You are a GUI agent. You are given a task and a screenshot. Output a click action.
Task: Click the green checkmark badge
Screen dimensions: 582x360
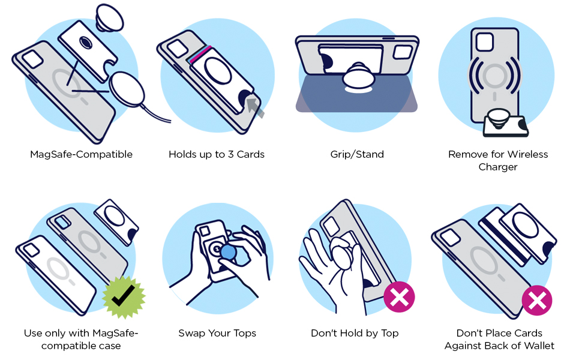tap(124, 297)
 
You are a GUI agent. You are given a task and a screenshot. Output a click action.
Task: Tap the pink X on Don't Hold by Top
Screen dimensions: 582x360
tap(399, 297)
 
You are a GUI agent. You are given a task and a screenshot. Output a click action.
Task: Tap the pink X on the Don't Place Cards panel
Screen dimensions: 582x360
tap(537, 300)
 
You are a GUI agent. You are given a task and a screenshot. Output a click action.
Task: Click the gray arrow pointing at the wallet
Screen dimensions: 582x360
tap(256, 107)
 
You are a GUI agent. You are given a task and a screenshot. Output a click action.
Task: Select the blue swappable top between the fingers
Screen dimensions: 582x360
tap(228, 253)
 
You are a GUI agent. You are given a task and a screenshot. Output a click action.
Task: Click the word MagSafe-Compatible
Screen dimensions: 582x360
tap(81, 154)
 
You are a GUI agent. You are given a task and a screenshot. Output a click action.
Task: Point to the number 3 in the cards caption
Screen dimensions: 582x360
tap(230, 154)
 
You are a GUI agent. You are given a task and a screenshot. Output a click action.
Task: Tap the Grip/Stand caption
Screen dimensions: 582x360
tap(357, 154)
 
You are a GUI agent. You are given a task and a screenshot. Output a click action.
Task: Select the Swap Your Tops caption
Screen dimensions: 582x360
tap(217, 333)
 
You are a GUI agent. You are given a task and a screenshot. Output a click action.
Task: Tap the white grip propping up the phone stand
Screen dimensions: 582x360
tap(358, 77)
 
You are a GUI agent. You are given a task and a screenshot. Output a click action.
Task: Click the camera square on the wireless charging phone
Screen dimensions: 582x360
tap(484, 42)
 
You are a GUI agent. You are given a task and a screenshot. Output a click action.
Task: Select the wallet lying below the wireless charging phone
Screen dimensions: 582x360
tap(506, 125)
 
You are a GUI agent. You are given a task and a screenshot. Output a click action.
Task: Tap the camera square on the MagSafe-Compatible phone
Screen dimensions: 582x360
tap(32, 59)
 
